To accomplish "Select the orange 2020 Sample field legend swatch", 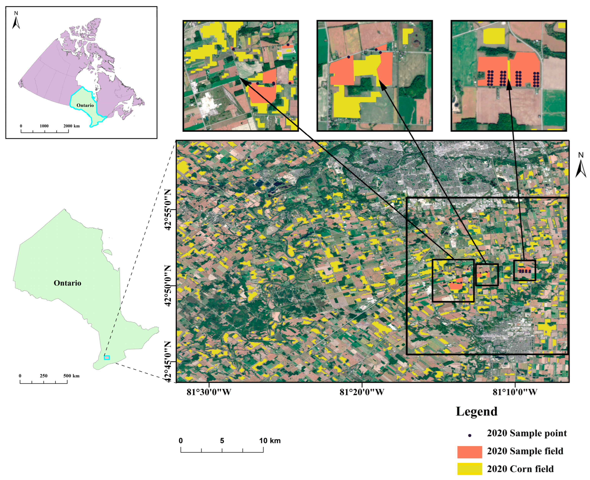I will [470, 452].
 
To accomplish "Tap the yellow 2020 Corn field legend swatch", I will [470, 469].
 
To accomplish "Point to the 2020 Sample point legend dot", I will [470, 435].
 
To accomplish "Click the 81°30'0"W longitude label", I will [209, 392].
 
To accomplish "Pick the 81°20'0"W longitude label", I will [362, 392].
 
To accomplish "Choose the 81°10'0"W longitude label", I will [515, 392].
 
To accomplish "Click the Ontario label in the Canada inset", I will [85, 105].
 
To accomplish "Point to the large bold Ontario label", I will [67, 283].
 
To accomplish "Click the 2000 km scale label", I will [71, 126].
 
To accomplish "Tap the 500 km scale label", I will [71, 376].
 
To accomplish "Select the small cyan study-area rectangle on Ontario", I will [107, 357].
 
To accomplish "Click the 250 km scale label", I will [44, 376].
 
